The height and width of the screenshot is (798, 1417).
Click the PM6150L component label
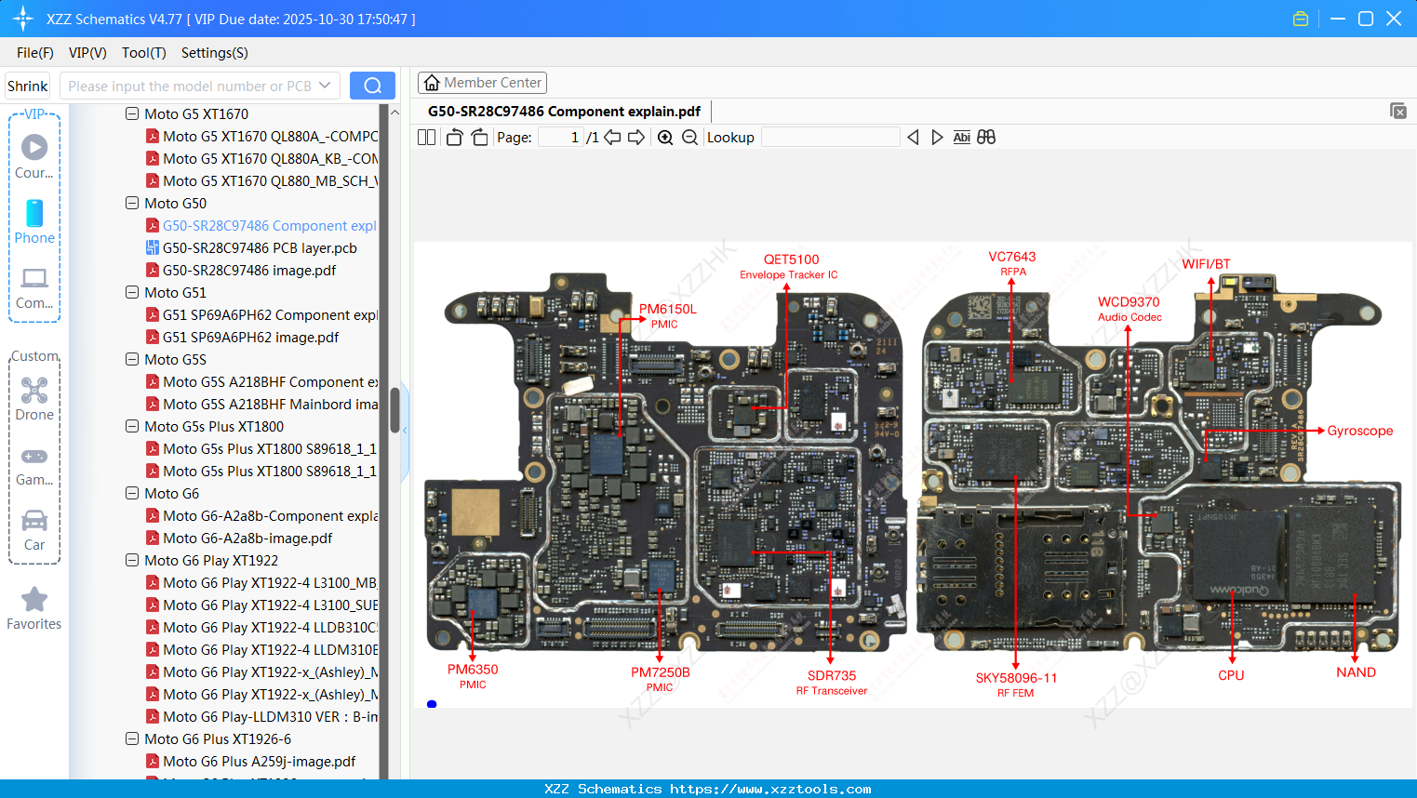667,310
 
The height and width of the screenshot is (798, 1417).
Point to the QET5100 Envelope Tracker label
791,260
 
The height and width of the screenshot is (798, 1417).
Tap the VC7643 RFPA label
1011,258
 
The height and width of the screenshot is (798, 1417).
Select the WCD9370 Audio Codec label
1129,302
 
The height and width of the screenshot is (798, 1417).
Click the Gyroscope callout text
1359,431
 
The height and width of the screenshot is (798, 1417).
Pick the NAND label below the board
1356,672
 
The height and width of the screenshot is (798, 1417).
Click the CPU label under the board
1231,675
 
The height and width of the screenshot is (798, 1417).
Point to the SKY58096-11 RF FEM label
1016,679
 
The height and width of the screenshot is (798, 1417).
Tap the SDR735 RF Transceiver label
831,676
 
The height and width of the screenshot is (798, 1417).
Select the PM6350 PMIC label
473,670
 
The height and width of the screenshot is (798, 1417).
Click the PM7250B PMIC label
660,672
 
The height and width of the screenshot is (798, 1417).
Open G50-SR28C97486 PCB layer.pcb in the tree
260,248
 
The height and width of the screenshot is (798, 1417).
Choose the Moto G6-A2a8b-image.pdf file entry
247,539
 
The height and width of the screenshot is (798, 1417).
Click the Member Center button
482,83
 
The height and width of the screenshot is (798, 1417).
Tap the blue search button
372,86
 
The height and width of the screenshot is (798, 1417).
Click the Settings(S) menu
214,53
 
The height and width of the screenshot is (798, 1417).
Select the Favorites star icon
34,600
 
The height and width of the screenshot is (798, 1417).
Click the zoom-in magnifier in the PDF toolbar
665,138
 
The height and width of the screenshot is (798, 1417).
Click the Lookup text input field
830,138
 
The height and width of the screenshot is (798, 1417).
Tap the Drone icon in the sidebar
34,391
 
